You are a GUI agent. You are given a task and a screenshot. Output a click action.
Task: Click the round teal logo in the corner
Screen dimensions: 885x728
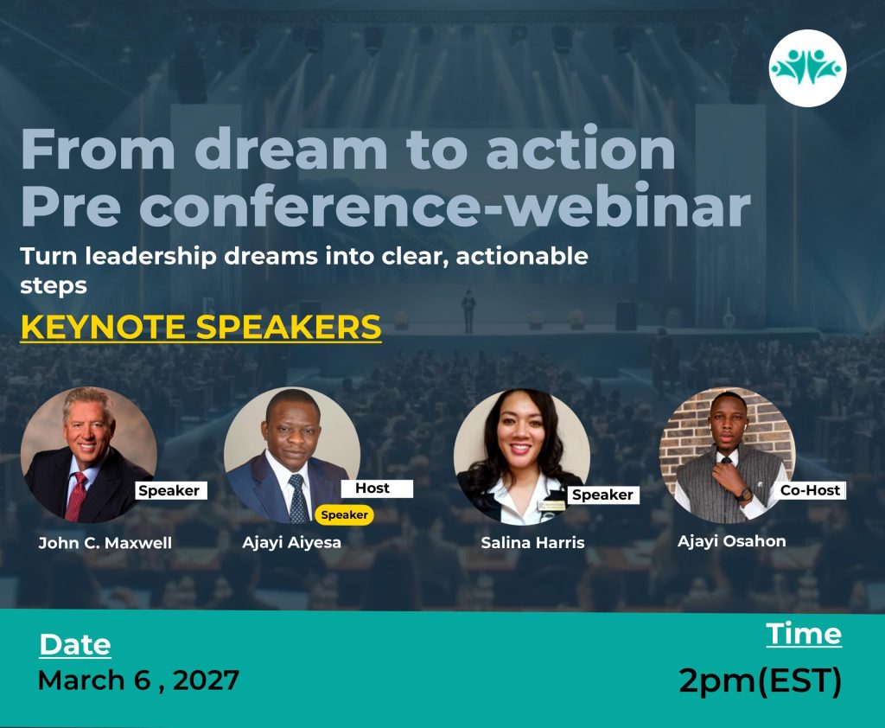807,68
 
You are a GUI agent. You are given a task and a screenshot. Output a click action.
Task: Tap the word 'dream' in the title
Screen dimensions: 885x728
290,149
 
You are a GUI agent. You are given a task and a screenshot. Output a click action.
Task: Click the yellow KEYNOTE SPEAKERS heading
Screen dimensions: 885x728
201,327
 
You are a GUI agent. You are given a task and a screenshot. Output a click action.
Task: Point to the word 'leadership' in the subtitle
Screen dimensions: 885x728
150,257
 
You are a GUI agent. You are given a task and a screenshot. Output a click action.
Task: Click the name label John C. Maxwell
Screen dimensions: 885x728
105,543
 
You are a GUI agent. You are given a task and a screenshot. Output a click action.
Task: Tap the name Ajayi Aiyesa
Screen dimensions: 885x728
292,543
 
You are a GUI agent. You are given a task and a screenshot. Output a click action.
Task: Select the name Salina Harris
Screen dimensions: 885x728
532,543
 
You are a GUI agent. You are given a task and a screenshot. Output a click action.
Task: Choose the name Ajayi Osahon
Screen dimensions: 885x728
731,541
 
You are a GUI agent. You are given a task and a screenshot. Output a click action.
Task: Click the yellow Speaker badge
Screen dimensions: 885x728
344,515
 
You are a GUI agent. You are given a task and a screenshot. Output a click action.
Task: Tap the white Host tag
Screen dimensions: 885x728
377,489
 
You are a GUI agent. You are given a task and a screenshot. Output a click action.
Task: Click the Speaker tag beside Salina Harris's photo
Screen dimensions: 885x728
602,495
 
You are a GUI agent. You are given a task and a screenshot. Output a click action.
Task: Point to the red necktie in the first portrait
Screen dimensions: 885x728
76,496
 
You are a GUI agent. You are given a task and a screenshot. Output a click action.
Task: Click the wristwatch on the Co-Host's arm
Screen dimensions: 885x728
744,495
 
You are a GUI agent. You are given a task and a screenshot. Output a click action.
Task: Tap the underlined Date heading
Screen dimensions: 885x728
75,644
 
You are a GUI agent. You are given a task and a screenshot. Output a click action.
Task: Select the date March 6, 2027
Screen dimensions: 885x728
138,680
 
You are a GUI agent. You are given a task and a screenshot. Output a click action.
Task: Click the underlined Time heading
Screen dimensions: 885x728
804,634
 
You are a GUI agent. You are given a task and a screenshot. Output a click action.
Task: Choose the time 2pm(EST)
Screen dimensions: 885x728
761,680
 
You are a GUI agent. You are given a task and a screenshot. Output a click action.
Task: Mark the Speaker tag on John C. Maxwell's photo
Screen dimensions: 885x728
171,490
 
